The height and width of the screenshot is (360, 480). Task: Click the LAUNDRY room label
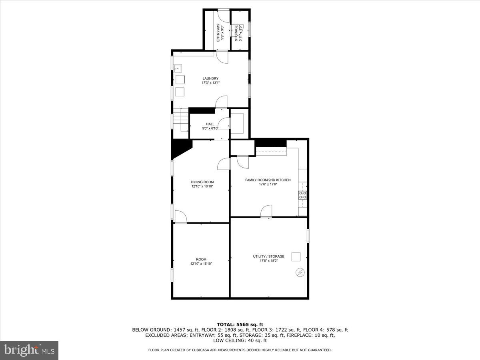pyautogui.click(x=210, y=78)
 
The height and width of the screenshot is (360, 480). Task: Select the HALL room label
pyautogui.click(x=210, y=124)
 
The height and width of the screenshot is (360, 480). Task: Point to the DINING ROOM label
pyautogui.click(x=202, y=182)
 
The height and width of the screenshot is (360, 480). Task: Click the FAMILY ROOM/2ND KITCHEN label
pyautogui.click(x=268, y=180)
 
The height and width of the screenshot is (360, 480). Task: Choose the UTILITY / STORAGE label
pyautogui.click(x=268, y=256)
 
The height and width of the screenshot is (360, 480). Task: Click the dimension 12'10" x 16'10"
pyautogui.click(x=201, y=264)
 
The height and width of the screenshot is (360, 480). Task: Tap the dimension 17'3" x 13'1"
pyautogui.click(x=210, y=83)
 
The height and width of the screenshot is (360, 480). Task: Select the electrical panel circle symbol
pyautogui.click(x=300, y=272)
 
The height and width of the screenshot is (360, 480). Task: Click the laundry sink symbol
pyautogui.click(x=178, y=68)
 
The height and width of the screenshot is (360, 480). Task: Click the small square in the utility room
pyautogui.click(x=296, y=256)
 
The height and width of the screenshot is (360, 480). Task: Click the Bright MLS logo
pyautogui.click(x=29, y=350)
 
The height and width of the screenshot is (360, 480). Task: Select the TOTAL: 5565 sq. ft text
pyautogui.click(x=240, y=324)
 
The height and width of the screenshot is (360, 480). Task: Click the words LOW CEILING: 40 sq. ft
pyautogui.click(x=240, y=341)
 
